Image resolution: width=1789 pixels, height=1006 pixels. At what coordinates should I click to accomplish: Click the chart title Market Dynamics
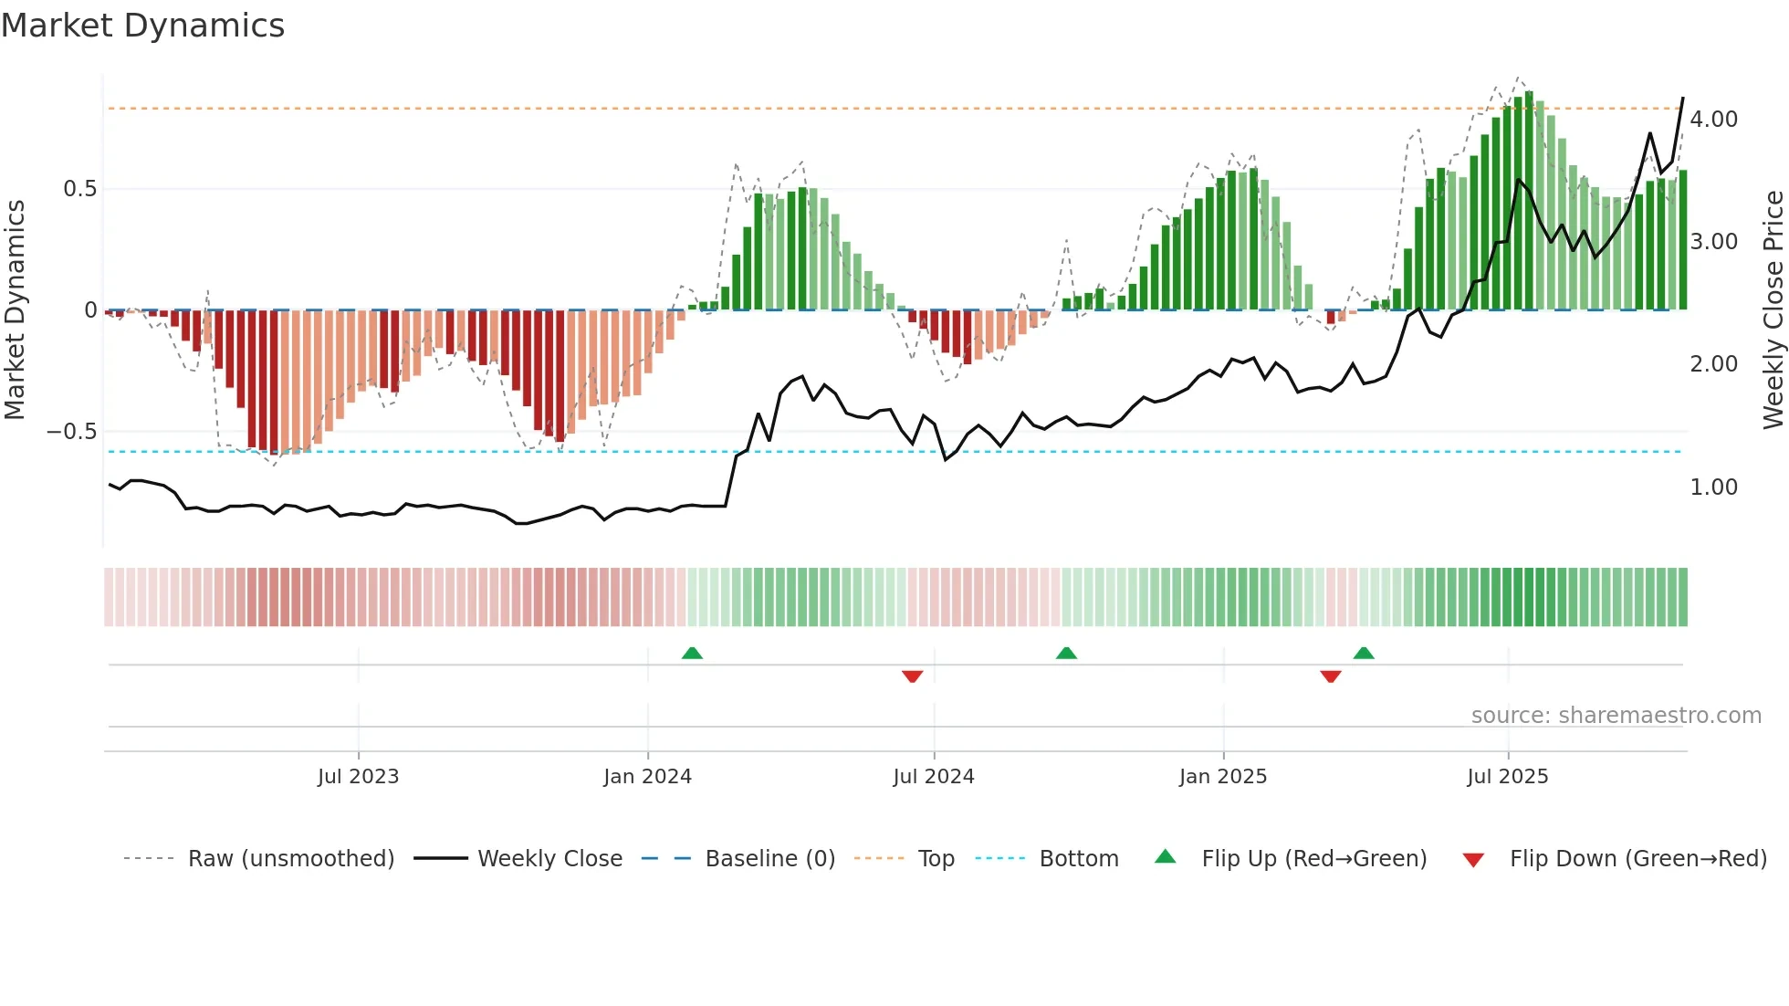pos(142,26)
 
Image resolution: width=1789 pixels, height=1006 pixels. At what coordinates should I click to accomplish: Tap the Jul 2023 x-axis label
pos(358,777)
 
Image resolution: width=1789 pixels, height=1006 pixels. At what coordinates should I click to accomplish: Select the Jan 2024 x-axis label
pos(647,777)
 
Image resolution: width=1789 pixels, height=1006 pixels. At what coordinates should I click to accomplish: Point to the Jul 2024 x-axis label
pos(933,777)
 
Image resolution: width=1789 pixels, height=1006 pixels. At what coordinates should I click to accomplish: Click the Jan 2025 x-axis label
pos(1222,777)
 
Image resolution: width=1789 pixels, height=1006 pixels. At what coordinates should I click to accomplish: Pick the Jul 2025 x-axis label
pos(1507,777)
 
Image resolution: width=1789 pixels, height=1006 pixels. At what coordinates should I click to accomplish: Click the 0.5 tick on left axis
pos(79,189)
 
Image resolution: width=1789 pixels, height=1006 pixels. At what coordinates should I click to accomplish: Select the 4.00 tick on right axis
pos(1713,120)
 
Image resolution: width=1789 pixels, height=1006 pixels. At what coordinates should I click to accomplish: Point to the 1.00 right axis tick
pos(1713,487)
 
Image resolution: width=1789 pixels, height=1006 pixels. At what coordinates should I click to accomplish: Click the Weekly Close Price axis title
pos(1773,309)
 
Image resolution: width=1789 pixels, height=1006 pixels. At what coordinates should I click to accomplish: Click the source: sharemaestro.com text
pos(1616,716)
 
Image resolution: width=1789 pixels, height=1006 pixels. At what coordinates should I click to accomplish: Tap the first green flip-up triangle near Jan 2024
pos(692,654)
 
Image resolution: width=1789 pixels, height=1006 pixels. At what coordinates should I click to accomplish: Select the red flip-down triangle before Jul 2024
pos(912,676)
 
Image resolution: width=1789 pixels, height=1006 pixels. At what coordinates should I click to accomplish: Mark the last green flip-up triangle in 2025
pos(1363,654)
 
